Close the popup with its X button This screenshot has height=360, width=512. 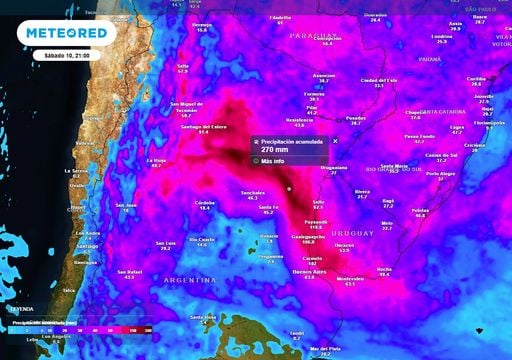335,140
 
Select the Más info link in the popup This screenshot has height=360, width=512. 274,160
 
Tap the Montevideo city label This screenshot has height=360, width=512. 349,278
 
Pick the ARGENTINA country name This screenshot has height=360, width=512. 187,281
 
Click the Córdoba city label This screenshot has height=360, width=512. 205,202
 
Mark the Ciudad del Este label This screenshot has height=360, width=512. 379,80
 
